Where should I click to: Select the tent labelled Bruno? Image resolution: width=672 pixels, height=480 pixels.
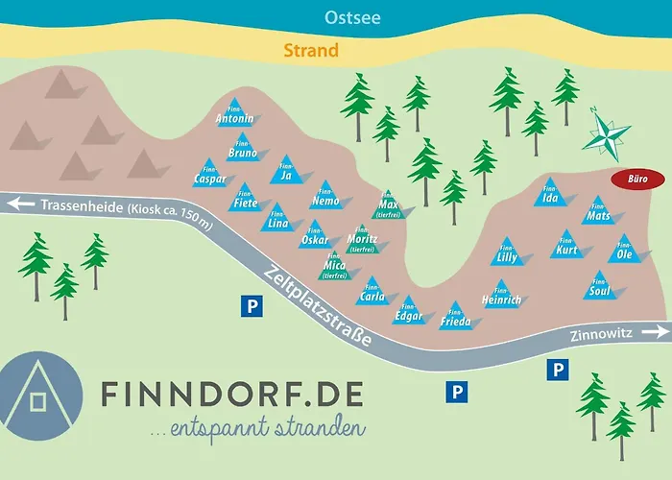(242, 149)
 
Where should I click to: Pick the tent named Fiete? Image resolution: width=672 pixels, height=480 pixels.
(246, 199)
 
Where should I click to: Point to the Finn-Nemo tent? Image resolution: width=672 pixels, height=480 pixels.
(325, 196)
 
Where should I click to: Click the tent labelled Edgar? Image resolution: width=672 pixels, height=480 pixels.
(408, 311)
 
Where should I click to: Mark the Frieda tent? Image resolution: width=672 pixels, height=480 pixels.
(455, 317)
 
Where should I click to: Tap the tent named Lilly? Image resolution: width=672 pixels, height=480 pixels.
(507, 252)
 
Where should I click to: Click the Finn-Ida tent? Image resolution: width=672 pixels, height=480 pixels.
(550, 196)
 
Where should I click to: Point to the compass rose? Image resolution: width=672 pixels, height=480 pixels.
(606, 133)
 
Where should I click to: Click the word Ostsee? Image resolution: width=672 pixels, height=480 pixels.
(324, 17)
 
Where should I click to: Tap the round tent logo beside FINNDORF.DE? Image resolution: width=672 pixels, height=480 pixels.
(40, 396)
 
